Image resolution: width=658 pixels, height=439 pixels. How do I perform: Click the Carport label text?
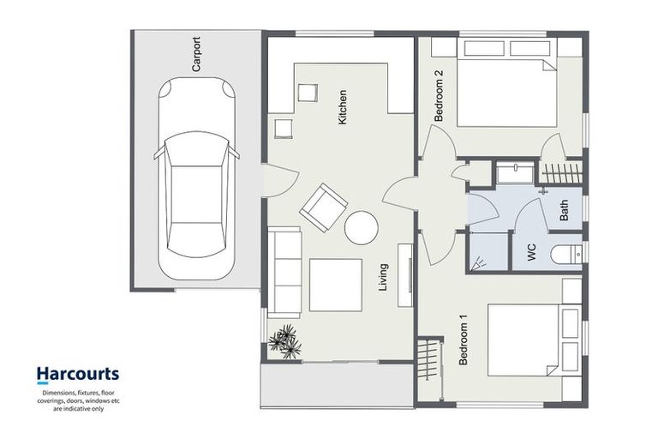[x=196, y=53]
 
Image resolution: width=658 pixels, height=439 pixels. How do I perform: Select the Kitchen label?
[x=343, y=108]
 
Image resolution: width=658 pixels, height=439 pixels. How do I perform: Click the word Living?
[x=384, y=279]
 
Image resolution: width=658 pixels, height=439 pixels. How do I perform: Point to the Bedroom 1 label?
[x=464, y=341]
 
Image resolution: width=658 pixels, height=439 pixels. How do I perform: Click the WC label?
[x=531, y=252]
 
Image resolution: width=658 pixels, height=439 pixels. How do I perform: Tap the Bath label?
[x=564, y=211]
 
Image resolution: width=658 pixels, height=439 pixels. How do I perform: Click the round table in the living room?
[x=361, y=227]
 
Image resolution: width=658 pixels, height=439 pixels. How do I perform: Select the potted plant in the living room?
[x=284, y=341]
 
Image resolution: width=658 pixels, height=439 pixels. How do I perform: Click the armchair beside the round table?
[x=323, y=207]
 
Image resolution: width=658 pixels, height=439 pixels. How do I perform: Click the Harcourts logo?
[x=77, y=375]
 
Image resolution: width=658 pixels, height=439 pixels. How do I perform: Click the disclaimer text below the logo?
[x=77, y=400]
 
